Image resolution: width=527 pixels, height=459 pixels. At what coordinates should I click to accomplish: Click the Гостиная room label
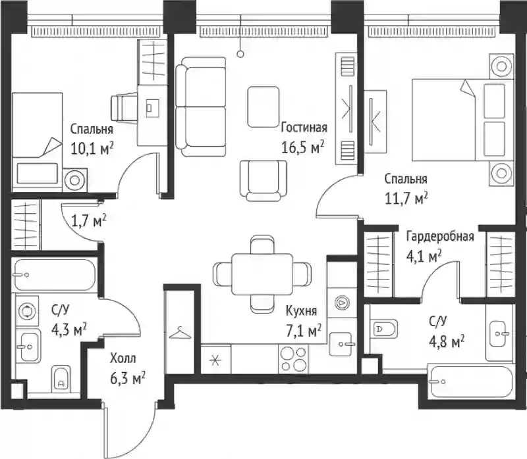tap(304, 128)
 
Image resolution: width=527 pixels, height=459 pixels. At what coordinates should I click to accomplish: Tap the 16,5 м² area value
tap(302, 147)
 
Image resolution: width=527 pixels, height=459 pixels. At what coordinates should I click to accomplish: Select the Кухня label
tap(301, 311)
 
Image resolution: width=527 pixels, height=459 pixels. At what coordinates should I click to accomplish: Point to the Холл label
tap(123, 359)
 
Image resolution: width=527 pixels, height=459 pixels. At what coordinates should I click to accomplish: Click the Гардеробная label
tap(440, 237)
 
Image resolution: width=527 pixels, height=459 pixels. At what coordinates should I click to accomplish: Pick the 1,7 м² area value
tap(89, 220)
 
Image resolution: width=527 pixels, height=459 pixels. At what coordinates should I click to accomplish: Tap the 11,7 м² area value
tap(406, 199)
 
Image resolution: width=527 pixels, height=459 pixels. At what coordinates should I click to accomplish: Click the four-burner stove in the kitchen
tap(293, 358)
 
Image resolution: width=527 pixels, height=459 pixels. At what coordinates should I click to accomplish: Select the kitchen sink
tap(343, 344)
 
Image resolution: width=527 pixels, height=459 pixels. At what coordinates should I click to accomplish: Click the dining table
tap(262, 274)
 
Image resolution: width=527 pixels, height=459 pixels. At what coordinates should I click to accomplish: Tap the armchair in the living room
tap(263, 181)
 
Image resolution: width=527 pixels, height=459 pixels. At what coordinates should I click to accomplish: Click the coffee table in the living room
tap(263, 107)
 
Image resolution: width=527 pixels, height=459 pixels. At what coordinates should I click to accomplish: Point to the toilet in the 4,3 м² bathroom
tap(61, 379)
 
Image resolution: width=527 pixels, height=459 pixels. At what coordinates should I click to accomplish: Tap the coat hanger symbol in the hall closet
tap(180, 333)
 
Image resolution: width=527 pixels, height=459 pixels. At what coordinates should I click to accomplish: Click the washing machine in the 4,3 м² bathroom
tap(26, 310)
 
